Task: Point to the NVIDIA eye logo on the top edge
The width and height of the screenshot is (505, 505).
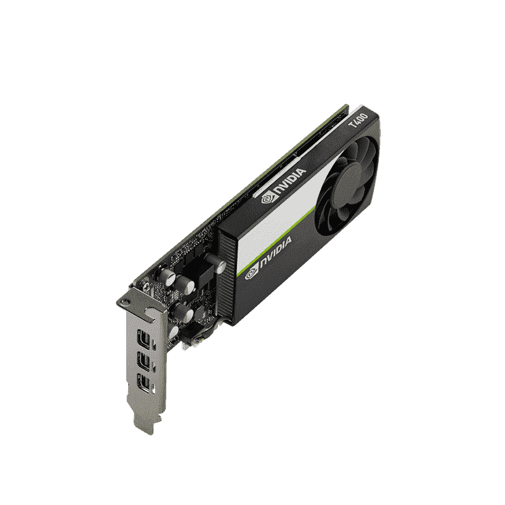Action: [x=268, y=198]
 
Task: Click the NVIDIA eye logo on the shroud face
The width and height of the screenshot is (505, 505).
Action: [x=252, y=274]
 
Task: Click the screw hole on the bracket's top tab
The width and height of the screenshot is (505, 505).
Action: [x=124, y=302]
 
